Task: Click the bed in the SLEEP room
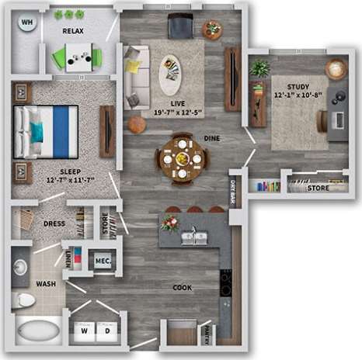[47, 131]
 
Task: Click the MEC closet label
[102, 261]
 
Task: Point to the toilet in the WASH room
[23, 299]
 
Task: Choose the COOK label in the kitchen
[182, 288]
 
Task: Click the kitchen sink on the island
[193, 237]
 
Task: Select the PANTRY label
[207, 334]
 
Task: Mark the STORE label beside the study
[318, 188]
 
